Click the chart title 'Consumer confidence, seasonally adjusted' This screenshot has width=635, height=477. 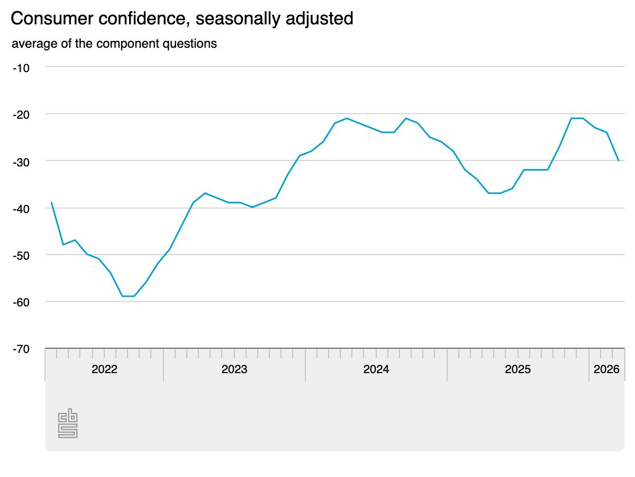click(x=182, y=19)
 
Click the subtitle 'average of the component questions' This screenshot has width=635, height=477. click(x=114, y=43)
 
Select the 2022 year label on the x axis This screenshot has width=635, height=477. click(x=104, y=369)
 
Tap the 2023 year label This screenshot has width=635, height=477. click(x=234, y=369)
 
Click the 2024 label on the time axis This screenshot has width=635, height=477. click(x=376, y=369)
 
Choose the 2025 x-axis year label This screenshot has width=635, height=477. click(x=518, y=369)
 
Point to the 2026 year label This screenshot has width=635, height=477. click(x=606, y=369)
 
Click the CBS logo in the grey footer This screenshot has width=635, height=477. click(x=68, y=423)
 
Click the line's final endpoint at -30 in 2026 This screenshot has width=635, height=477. click(x=618, y=161)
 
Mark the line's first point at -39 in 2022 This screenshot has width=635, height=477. click(x=51, y=202)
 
